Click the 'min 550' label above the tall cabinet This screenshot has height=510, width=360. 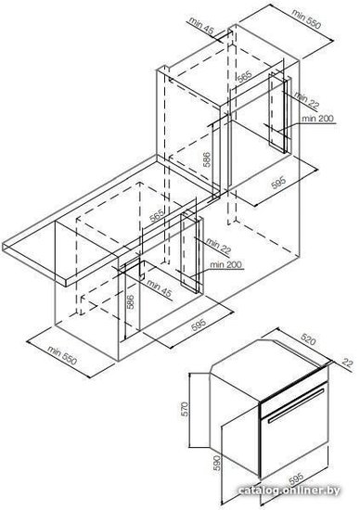coord(306,19)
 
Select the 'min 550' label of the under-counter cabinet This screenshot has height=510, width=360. coord(62,355)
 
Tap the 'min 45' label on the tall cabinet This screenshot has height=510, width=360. coord(201,26)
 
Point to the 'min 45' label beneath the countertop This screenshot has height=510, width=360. coord(159,287)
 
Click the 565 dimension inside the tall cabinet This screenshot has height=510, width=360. coord(244,77)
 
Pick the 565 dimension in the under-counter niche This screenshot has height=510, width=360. coord(156,216)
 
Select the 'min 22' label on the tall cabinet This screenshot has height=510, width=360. coord(306,99)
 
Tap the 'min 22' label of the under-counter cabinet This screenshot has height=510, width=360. coord(218,246)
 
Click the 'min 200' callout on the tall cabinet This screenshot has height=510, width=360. coord(317,119)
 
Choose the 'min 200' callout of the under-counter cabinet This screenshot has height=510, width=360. coord(225,265)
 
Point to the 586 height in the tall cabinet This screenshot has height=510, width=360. coord(206,159)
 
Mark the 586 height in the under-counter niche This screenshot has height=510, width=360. coord(130,302)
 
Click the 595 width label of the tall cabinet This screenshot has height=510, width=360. coord(278,183)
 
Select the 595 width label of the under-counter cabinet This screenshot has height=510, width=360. coord(199,325)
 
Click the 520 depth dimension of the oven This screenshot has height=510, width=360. coord(308,340)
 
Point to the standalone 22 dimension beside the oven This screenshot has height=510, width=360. coord(348,363)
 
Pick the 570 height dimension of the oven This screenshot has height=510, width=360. coord(185,409)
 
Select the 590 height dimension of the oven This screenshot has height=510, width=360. coord(217,463)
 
